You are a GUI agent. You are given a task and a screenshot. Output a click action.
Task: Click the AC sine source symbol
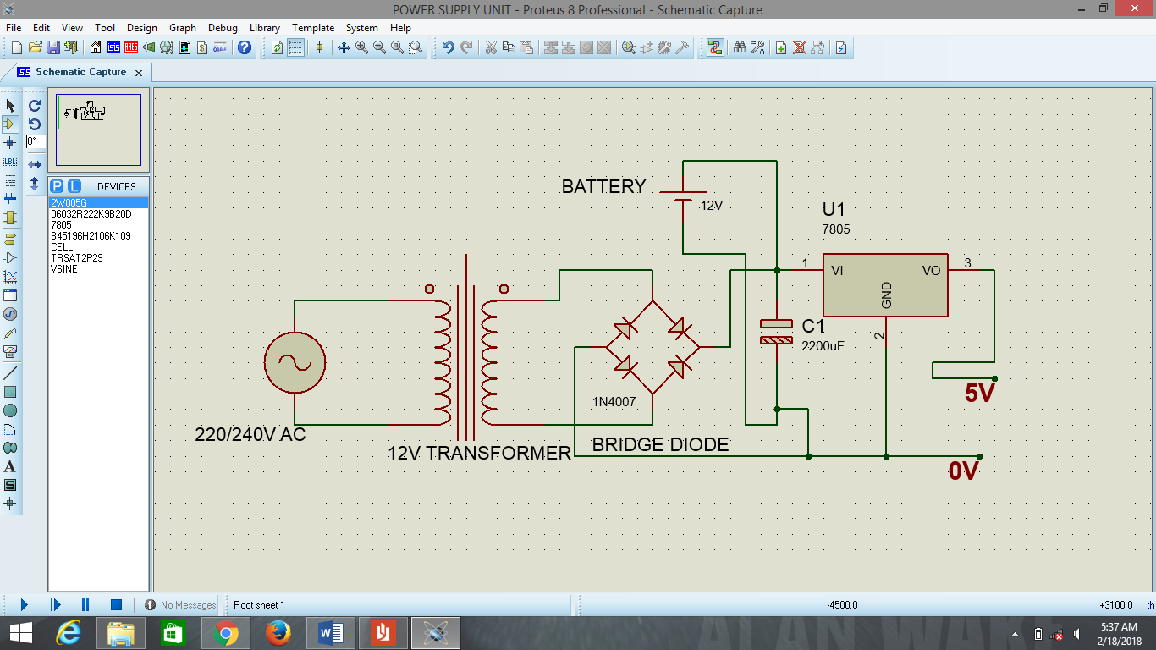[295, 362]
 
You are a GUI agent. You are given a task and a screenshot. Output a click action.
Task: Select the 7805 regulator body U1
[885, 285]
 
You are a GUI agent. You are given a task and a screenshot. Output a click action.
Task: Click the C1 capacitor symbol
[776, 332]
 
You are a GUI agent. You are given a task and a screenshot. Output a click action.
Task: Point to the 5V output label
[979, 394]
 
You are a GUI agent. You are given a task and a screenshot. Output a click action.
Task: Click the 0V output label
[963, 471]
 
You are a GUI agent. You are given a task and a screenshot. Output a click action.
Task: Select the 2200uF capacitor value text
[823, 345]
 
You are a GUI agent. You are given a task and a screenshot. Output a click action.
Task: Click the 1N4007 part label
[614, 401]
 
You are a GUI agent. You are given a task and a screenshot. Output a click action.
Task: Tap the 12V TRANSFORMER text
[479, 454]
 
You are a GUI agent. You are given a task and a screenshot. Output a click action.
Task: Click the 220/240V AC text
[250, 435]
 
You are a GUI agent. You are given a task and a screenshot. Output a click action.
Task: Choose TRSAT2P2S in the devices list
[76, 258]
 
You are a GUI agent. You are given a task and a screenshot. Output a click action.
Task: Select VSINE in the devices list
[64, 269]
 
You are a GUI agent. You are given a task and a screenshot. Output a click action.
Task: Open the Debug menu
[223, 28]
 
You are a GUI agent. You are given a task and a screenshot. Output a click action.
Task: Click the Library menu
[264, 28]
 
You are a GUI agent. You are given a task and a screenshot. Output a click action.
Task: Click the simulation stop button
[117, 604]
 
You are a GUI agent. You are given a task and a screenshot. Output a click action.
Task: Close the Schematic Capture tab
[139, 73]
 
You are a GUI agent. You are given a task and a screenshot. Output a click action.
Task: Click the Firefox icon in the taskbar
[278, 633]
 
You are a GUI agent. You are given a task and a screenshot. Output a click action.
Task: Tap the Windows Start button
[20, 633]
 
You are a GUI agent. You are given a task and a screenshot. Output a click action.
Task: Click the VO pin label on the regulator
[931, 271]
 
